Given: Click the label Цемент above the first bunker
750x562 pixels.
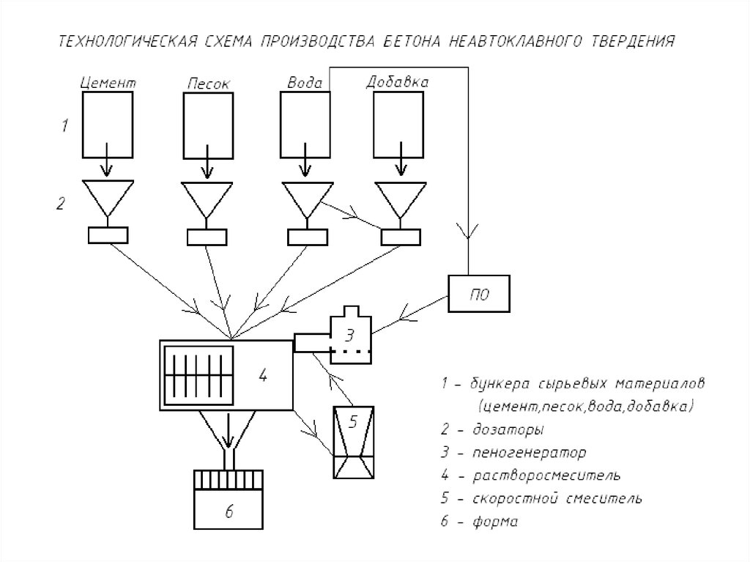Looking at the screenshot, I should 107,83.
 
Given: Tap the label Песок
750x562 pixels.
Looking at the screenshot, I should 208,84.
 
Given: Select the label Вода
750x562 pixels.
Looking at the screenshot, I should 304,83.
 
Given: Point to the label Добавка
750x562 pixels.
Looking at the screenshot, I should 397,82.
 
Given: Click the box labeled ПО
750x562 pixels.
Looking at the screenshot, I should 478,294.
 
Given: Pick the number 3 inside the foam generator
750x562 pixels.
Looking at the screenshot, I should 350,336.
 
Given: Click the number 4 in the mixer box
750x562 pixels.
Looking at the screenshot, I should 263,377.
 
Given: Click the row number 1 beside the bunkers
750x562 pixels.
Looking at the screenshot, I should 64,125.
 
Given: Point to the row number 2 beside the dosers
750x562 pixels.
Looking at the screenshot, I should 62,203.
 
